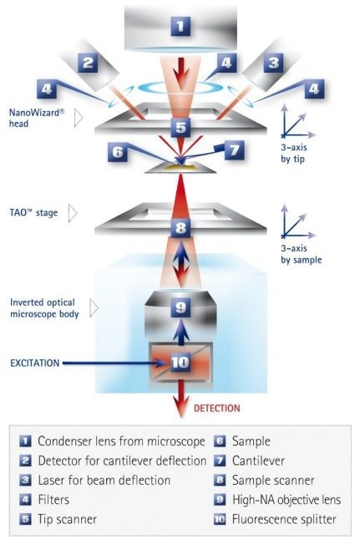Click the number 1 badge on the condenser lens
point(180,26)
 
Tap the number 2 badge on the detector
point(88,63)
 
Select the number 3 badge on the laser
point(273,63)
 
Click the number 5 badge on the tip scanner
point(180,127)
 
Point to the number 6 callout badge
point(118,152)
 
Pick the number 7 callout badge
point(235,150)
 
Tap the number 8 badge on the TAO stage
point(180,227)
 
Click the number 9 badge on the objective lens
point(180,307)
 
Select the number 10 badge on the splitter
point(180,362)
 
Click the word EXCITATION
point(35,363)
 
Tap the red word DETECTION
point(217,409)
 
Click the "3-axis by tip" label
point(293,153)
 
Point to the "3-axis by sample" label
point(302,254)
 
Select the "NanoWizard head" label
point(37,118)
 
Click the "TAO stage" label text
point(33,212)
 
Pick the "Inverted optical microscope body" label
point(44,308)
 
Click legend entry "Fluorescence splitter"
point(284,519)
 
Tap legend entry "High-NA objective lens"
point(286,500)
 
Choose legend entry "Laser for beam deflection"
point(104,481)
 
